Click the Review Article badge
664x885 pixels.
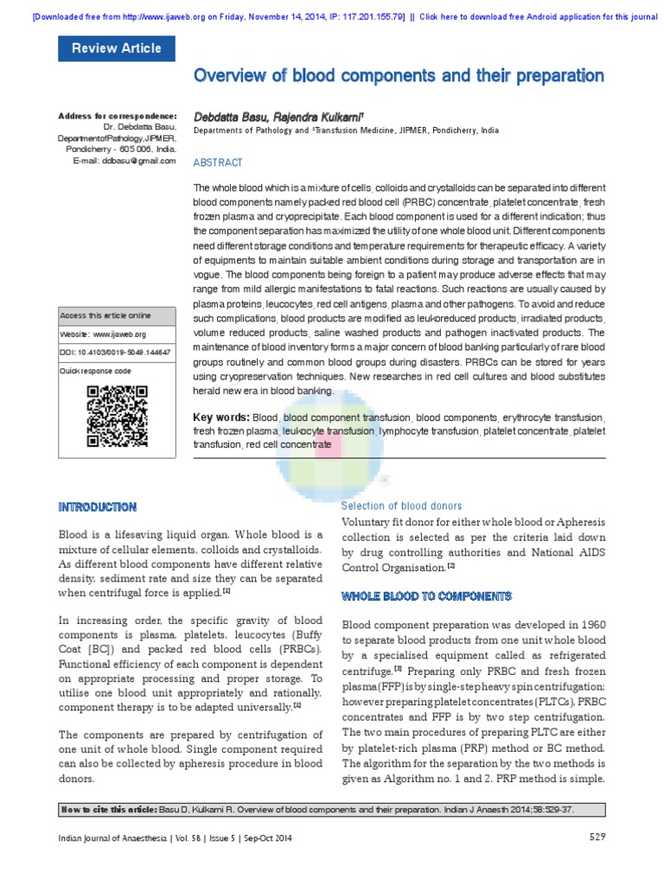click(x=116, y=48)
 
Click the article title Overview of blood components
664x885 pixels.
click(x=399, y=76)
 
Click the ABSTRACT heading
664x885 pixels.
click(x=218, y=162)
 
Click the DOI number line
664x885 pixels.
click(x=115, y=352)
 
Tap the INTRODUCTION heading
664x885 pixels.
click(x=96, y=506)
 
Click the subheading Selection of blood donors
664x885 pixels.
click(x=401, y=506)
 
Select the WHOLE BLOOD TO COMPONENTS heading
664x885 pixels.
click(x=427, y=596)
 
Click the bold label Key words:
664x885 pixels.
click(x=221, y=417)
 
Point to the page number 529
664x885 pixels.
click(x=597, y=836)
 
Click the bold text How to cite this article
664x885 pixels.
click(x=107, y=809)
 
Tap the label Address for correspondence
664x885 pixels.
click(x=117, y=116)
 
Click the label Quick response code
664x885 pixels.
click(x=95, y=370)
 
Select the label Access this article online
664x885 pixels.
click(x=105, y=315)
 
